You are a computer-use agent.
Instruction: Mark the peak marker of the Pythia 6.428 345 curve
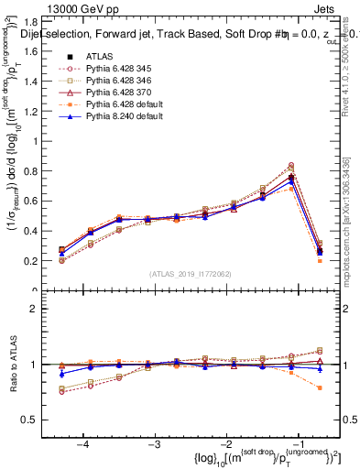click(x=291, y=165)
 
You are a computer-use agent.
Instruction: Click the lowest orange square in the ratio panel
click(x=320, y=388)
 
